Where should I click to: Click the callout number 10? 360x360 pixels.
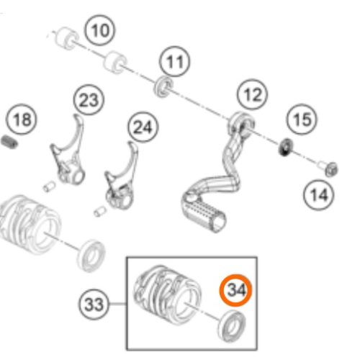pyautogui.click(x=99, y=30)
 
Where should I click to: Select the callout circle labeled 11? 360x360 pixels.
pyautogui.click(x=175, y=61)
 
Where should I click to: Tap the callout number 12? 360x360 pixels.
pyautogui.click(x=252, y=94)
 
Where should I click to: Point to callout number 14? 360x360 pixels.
pyautogui.click(x=319, y=195)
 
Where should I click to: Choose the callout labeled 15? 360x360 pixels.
pyautogui.click(x=302, y=120)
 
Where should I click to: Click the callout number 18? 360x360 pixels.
pyautogui.click(x=22, y=120)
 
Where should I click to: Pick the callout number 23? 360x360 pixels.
pyautogui.click(x=89, y=100)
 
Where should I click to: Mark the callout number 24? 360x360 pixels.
pyautogui.click(x=143, y=127)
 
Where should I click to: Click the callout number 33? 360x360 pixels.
pyautogui.click(x=94, y=305)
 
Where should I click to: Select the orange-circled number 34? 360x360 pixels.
pyautogui.click(x=236, y=290)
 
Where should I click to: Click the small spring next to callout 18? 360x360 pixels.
pyautogui.click(x=9, y=142)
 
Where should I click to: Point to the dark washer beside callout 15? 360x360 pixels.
pyautogui.click(x=286, y=146)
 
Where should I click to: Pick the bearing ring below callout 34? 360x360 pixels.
pyautogui.click(x=232, y=325)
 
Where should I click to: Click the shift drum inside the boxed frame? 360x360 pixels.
pyautogui.click(x=167, y=294)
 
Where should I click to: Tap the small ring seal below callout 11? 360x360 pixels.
pyautogui.click(x=163, y=86)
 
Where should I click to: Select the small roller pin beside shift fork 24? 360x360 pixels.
pyautogui.click(x=100, y=211)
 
